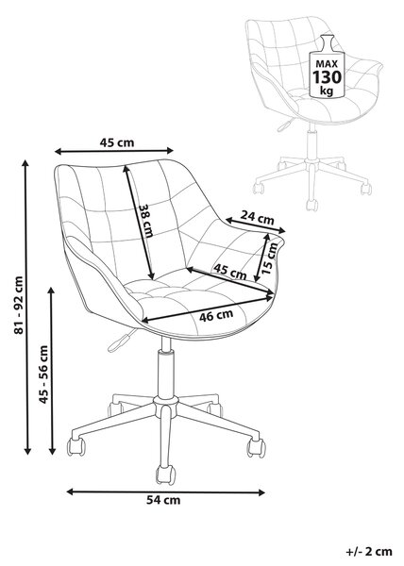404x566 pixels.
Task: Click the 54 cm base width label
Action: [x=163, y=500]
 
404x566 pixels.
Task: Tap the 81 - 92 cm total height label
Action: [x=19, y=305]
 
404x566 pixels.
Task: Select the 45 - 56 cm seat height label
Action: [x=43, y=375]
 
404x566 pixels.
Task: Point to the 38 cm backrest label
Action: [x=146, y=221]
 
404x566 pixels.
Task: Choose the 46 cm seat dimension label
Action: [x=216, y=315]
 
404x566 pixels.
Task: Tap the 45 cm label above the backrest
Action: [x=117, y=143]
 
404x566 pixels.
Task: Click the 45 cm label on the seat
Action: [x=229, y=272]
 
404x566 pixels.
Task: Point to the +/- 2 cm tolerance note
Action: [x=369, y=551]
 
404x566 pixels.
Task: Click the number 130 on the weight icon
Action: [x=327, y=77]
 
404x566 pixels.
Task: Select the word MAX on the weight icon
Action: [x=327, y=64]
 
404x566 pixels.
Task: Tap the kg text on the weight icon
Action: [x=327, y=91]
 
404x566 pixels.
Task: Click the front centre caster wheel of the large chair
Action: [x=166, y=474]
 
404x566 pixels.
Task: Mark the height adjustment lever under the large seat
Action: [x=121, y=341]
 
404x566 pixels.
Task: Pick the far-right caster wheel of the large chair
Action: [x=256, y=448]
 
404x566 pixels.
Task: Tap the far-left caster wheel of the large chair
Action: [x=76, y=447]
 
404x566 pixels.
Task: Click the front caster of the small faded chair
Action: [x=311, y=205]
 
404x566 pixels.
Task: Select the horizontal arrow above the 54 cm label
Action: [x=166, y=491]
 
